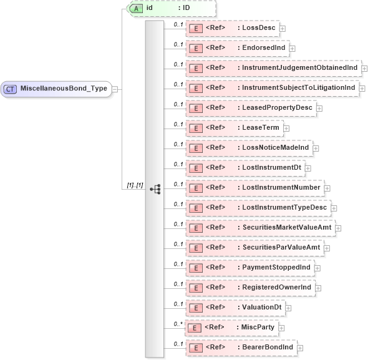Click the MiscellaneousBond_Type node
tap(62, 89)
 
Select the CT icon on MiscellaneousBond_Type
tap(11, 89)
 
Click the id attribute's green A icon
tap(136, 8)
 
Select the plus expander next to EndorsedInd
tap(292, 48)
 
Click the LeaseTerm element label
tap(261, 128)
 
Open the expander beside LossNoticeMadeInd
tap(316, 148)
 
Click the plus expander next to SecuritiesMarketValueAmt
tap(338, 228)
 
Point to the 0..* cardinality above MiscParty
tap(178, 323)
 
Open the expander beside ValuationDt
tap(288, 308)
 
